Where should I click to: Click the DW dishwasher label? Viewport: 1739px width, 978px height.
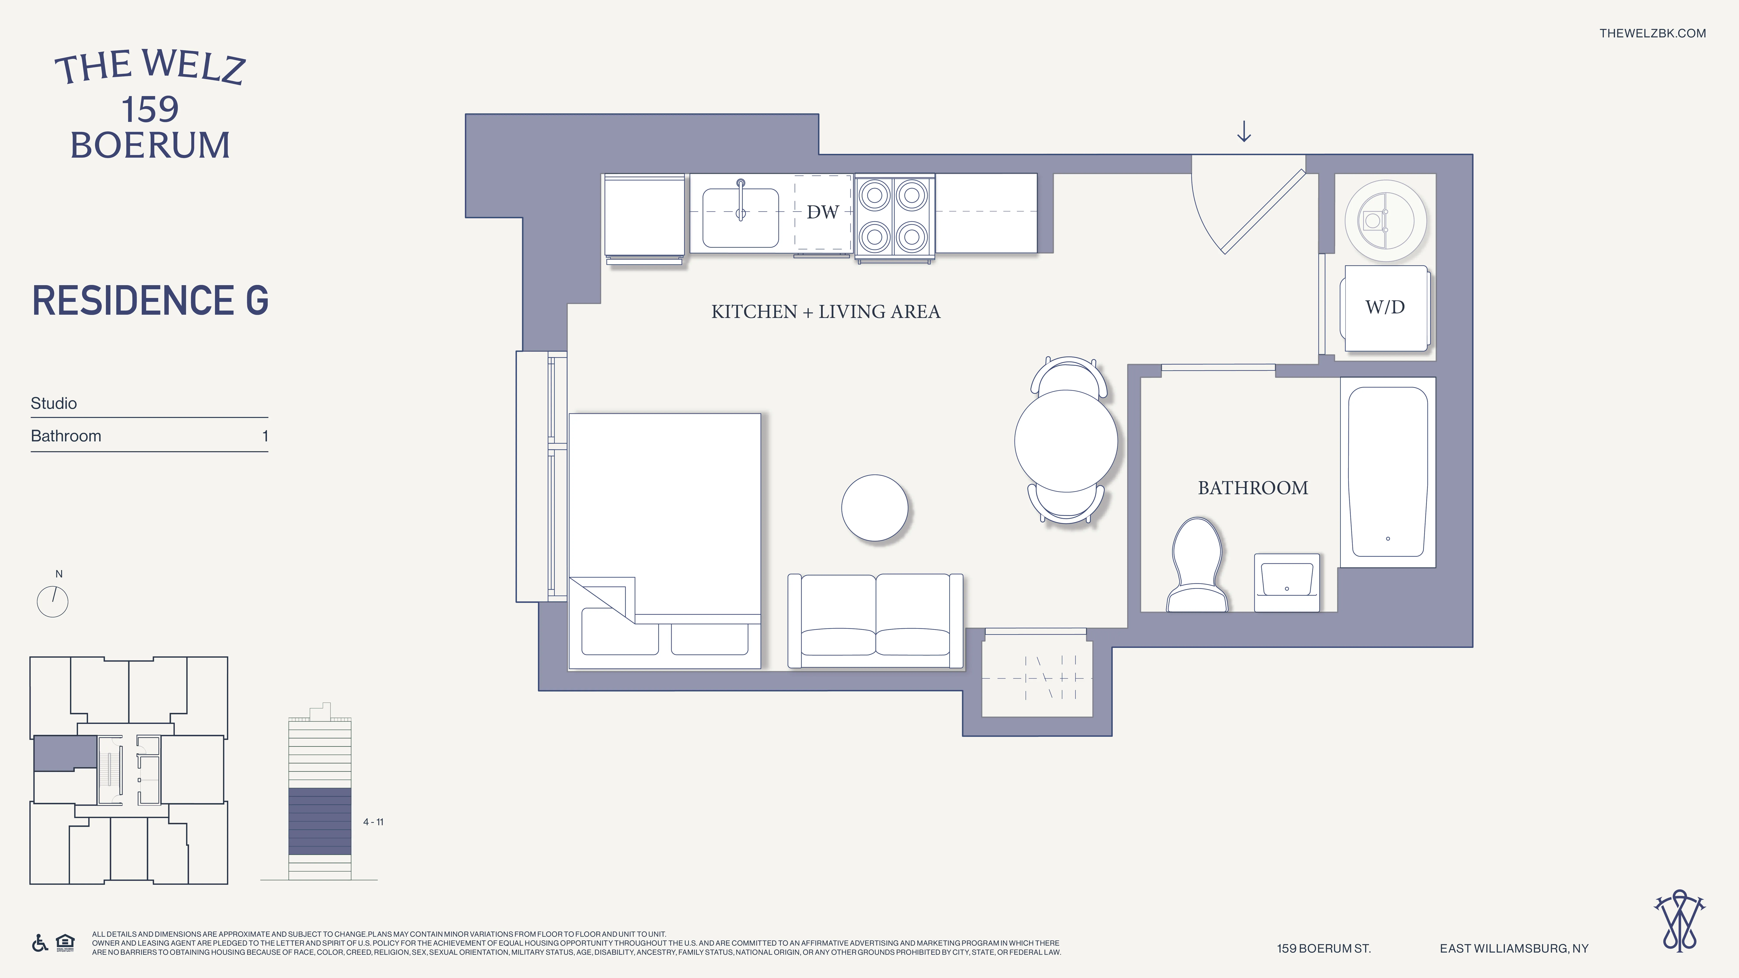[x=822, y=212]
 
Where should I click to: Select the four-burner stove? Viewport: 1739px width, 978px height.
[x=894, y=216]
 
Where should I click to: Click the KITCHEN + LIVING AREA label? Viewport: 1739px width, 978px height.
[x=825, y=312]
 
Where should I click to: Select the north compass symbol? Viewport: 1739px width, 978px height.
[x=53, y=600]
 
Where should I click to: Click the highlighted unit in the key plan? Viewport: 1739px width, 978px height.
[x=64, y=753]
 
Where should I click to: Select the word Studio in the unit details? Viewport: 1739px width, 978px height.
[x=54, y=404]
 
